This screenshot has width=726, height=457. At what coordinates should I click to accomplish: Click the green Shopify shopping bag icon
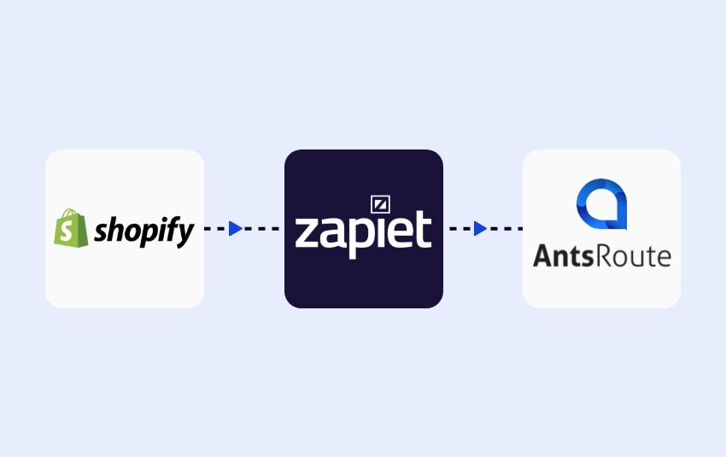point(71,229)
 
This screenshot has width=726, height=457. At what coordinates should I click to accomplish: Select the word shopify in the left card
point(144,231)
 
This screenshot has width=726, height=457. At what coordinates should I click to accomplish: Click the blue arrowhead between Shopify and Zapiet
point(236,229)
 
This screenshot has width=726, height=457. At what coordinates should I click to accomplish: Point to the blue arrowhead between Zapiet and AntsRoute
point(481,229)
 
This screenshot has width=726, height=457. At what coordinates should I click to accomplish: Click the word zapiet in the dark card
point(363,231)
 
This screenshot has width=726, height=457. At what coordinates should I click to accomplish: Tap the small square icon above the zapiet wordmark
point(380,204)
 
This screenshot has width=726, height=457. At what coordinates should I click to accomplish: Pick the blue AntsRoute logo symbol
point(601,206)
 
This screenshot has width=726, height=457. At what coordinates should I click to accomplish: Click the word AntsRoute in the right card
point(601,255)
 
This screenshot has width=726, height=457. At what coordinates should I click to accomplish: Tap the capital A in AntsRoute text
point(543,255)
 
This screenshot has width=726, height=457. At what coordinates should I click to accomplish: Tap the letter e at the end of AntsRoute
point(664,256)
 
